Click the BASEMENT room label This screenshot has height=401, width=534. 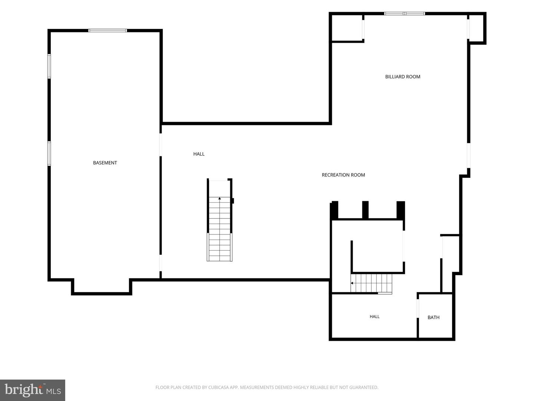click(105, 163)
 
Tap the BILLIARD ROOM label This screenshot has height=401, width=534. click(403, 77)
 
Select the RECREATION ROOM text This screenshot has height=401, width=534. click(343, 175)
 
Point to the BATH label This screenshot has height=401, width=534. click(434, 317)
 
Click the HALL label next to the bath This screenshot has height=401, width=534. click(375, 316)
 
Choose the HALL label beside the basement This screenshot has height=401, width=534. click(199, 154)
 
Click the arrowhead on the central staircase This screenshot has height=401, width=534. click(220, 198)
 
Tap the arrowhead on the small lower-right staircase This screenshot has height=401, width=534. click(352, 283)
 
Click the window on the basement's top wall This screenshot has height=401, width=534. click(108, 30)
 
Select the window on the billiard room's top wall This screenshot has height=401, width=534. click(405, 13)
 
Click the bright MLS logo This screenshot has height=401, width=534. click(33, 390)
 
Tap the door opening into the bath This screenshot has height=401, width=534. click(418, 308)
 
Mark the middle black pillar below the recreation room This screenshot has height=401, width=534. click(365, 210)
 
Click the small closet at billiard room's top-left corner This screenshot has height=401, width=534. click(347, 28)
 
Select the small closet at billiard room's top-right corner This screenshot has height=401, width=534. click(476, 28)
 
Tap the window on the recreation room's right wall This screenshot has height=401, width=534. click(469, 155)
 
